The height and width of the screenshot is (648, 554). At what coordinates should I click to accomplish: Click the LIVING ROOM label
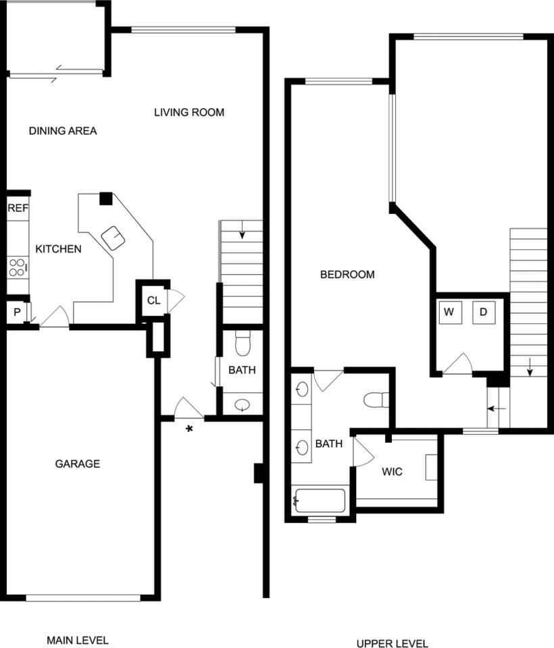pyautogui.click(x=189, y=112)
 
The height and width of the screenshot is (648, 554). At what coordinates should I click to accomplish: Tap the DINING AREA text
pyautogui.click(x=63, y=131)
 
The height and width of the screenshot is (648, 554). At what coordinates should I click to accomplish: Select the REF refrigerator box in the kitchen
pyautogui.click(x=18, y=209)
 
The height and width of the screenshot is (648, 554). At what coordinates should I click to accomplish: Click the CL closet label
pyautogui.click(x=153, y=300)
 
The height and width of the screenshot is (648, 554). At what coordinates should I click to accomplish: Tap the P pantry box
pyautogui.click(x=16, y=313)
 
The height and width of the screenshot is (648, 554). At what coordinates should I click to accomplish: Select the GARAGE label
pyautogui.click(x=78, y=464)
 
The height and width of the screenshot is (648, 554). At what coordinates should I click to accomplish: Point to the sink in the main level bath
pyautogui.click(x=243, y=405)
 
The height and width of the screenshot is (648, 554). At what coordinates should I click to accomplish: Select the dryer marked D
pyautogui.click(x=484, y=312)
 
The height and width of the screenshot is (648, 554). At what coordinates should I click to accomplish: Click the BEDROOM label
pyautogui.click(x=347, y=275)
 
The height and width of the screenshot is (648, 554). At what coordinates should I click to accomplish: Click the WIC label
pyautogui.click(x=392, y=472)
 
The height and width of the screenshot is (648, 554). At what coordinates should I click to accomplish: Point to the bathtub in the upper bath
pyautogui.click(x=320, y=502)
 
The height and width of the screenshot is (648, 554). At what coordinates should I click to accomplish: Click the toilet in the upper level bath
pyautogui.click(x=376, y=400)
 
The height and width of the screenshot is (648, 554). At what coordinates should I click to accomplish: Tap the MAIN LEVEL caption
pyautogui.click(x=77, y=640)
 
